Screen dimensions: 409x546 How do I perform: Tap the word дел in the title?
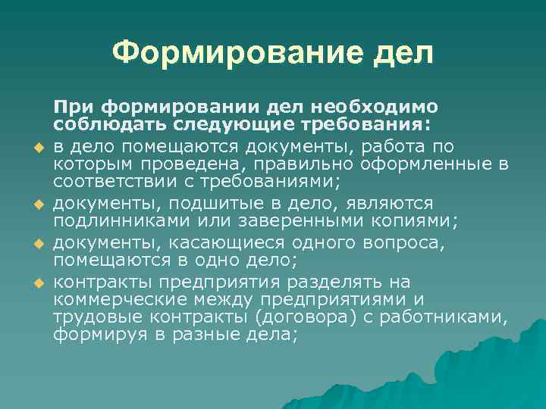pos(403,52)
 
